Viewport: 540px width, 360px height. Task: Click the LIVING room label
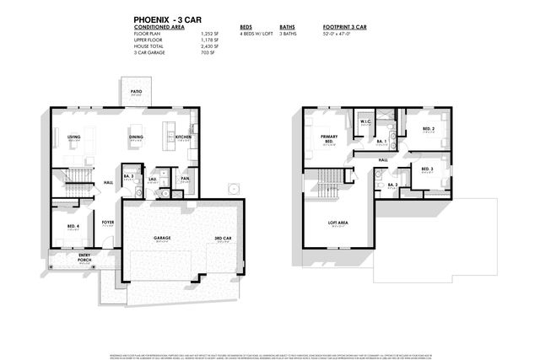click(x=73, y=136)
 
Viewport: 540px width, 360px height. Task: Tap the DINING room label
click(x=136, y=136)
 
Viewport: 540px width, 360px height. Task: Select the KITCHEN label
click(x=184, y=136)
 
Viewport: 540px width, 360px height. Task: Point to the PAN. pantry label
click(x=186, y=179)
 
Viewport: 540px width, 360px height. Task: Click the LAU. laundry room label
click(x=153, y=180)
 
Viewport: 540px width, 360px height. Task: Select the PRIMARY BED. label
click(x=329, y=139)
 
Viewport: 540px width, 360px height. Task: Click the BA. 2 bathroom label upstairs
click(x=392, y=182)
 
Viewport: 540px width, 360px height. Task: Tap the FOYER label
click(x=107, y=223)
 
